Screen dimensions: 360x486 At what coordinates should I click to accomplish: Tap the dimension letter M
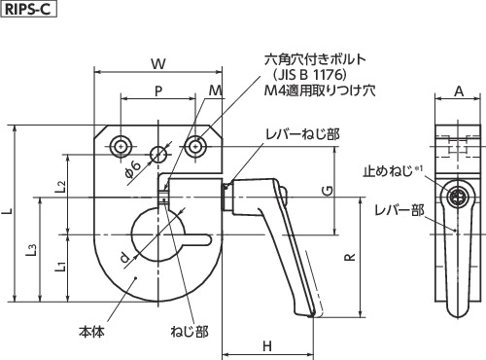pyautogui.click(x=215, y=91)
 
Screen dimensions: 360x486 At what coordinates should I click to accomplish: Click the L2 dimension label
pyautogui.click(x=60, y=185)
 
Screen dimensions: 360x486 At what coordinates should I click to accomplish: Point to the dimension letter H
pyautogui.click(x=266, y=345)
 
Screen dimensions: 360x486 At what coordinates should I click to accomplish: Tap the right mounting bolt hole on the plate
pyautogui.click(x=196, y=147)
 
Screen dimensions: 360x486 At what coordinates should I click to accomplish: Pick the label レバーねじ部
pyautogui.click(x=303, y=134)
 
